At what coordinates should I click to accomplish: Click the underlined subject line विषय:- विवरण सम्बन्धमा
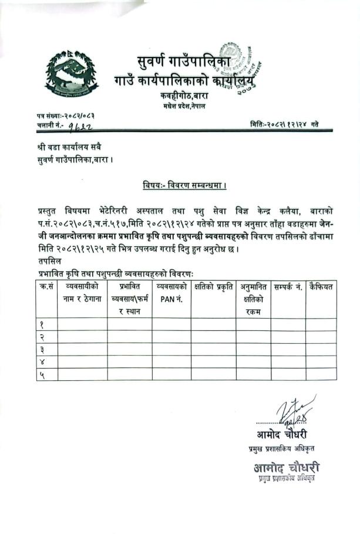click(184, 186)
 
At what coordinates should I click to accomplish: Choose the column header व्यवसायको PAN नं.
click(172, 292)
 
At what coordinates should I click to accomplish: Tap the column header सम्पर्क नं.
click(288, 287)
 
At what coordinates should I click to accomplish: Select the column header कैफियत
click(321, 287)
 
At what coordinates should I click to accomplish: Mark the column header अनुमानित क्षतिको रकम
click(254, 299)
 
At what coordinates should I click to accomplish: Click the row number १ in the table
click(42, 325)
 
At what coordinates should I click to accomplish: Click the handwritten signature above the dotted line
click(294, 411)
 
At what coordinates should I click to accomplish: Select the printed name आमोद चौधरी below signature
click(281, 435)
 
